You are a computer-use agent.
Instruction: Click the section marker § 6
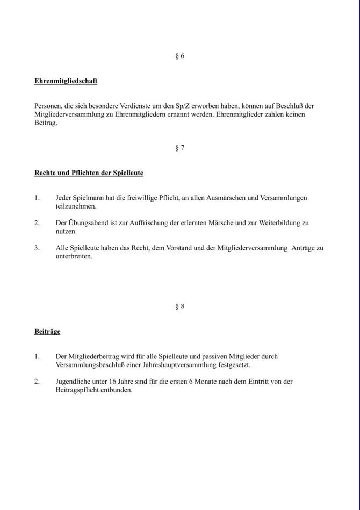coord(180,56)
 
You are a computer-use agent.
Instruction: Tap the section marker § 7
coord(180,148)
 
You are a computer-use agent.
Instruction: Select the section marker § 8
coord(180,306)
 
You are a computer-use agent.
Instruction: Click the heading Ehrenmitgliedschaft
coord(66,81)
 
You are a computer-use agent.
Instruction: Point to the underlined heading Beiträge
coord(47,332)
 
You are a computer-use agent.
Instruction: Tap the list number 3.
coord(37,248)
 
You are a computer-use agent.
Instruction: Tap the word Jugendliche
coord(74,382)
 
